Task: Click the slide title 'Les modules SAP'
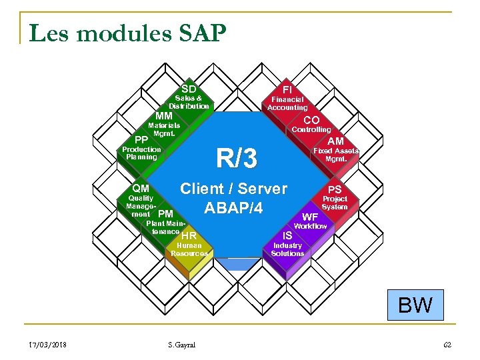point(128,32)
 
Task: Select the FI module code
point(287,89)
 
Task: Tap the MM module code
point(163,116)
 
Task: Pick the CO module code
point(311,120)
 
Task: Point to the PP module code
point(141,140)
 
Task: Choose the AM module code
point(336,141)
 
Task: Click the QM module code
point(141,189)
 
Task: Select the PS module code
point(335,190)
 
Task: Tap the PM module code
point(166,214)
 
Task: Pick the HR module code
point(189,236)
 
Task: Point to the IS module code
point(287,236)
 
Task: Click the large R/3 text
point(236,158)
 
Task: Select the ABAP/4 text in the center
point(234,208)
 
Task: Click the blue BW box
point(415,305)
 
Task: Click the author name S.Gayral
point(182,345)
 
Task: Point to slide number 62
point(447,345)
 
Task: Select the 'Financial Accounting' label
point(287,103)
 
